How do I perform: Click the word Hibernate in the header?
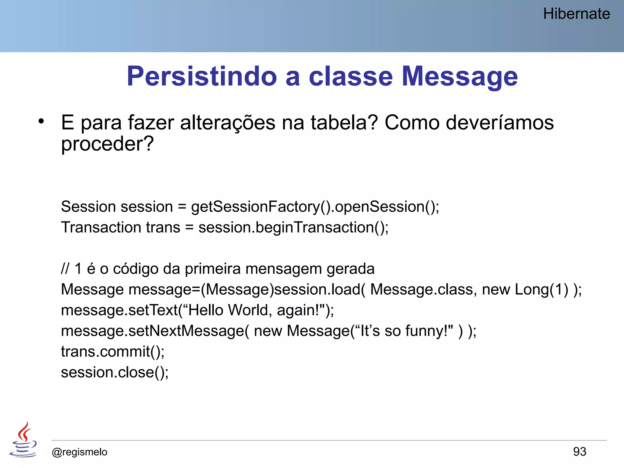[576, 14]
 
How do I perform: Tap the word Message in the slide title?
[459, 76]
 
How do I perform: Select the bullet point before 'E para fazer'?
[41, 121]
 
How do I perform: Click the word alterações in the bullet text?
[228, 123]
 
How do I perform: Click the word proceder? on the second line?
[107, 144]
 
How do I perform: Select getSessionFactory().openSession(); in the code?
[315, 207]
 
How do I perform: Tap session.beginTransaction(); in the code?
[293, 228]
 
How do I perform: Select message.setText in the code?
[119, 310]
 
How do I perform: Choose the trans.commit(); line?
[113, 352]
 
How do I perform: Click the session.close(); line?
[115, 373]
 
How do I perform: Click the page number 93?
[579, 452]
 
